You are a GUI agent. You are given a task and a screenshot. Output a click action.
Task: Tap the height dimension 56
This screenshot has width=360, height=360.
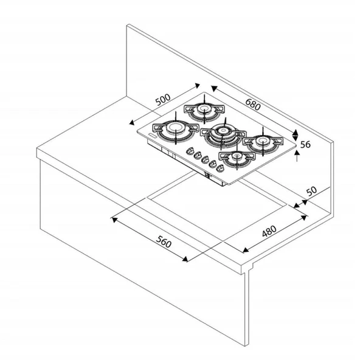click(306, 144)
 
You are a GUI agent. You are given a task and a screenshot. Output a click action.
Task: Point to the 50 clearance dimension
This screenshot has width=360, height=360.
click(311, 191)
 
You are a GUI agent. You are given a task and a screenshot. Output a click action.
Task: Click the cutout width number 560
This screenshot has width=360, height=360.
click(162, 243)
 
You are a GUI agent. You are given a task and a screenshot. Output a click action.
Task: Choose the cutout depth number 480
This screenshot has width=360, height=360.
click(269, 231)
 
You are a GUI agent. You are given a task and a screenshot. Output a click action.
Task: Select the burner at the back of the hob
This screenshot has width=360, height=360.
click(203, 111)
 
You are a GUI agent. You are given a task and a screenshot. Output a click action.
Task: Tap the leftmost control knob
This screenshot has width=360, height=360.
click(190, 151)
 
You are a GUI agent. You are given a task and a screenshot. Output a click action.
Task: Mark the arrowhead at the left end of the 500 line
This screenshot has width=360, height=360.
click(133, 119)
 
